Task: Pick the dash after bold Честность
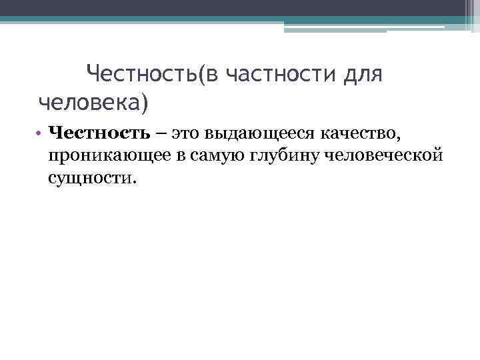(x=162, y=134)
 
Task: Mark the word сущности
(x=89, y=178)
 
